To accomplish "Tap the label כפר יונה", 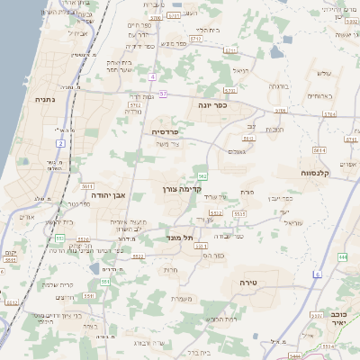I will click(x=212, y=104).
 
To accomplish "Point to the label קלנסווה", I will click(x=319, y=171).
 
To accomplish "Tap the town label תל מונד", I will click(x=182, y=238).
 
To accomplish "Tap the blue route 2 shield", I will click(x=60, y=143).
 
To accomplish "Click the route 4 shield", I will click(x=153, y=76).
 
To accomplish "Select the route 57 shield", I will click(x=162, y=94).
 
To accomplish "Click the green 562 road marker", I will click(x=203, y=176).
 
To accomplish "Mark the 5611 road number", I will click(x=87, y=185).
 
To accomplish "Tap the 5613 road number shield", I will click(x=249, y=139).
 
